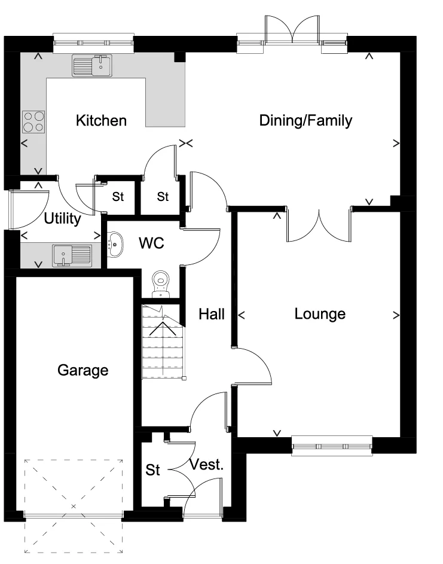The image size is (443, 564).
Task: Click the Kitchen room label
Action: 101,121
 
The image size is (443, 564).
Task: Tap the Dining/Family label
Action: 305,121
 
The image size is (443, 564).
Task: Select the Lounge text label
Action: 320,314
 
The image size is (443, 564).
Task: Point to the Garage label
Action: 83,370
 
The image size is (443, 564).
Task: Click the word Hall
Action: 212,314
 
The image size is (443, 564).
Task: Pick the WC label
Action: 151,244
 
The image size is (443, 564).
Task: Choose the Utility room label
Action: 62,219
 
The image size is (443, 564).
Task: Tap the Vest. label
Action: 206,465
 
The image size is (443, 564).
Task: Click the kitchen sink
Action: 92,65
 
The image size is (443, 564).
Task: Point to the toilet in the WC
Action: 161,284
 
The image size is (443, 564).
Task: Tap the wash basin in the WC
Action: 114,244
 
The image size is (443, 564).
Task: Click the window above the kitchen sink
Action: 93,42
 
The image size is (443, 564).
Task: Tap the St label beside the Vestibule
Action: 153,471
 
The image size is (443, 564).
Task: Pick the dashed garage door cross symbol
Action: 74,505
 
